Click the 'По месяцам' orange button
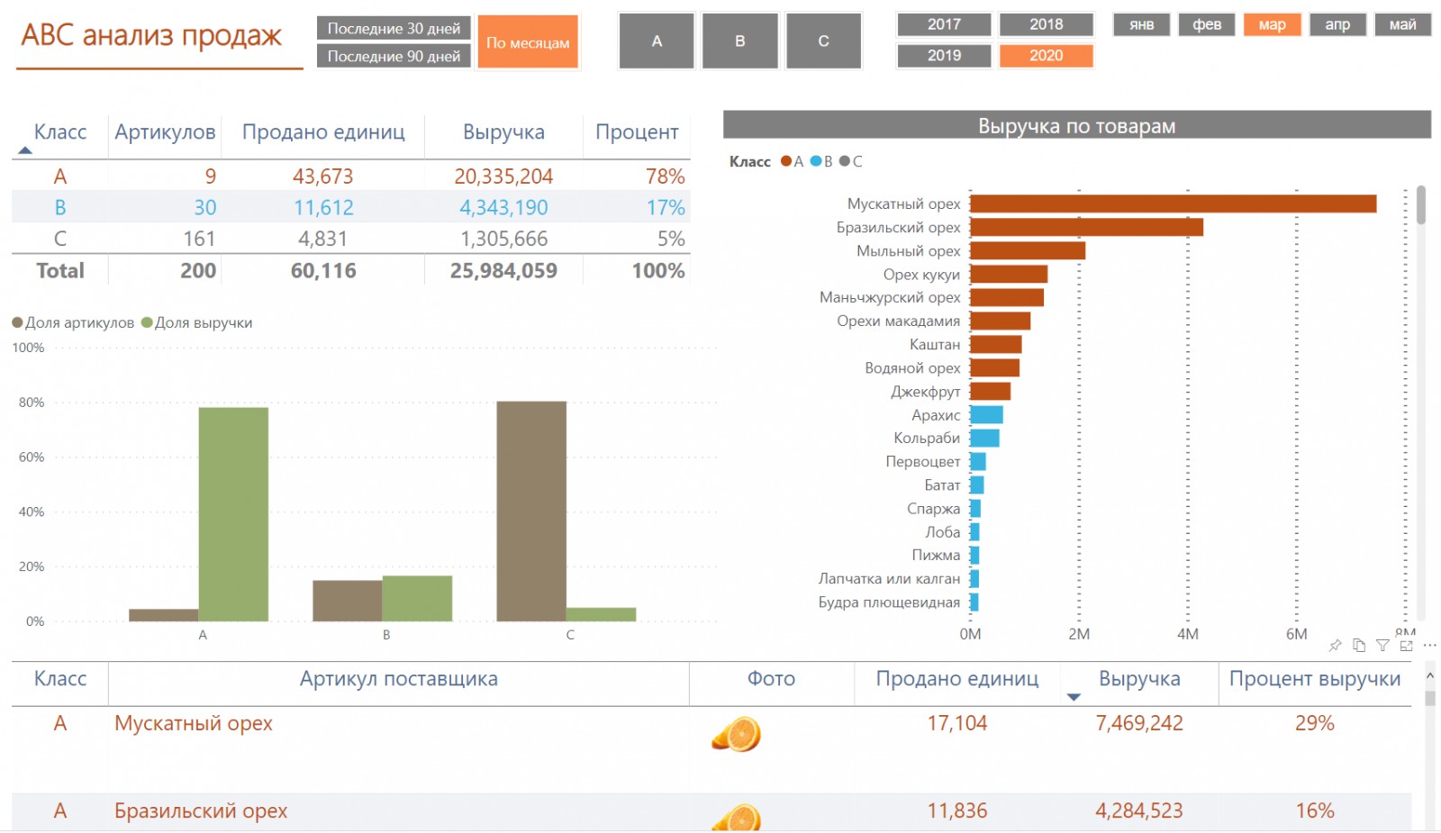528,42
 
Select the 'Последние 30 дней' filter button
394,28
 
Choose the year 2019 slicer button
944,56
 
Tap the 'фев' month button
1207,24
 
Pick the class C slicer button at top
823,41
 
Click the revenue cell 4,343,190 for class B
503,208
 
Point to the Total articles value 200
198,271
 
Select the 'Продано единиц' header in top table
323,132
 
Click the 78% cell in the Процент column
665,177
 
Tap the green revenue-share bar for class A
233,514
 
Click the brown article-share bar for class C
531,511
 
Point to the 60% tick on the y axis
32,457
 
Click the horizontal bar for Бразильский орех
1086,228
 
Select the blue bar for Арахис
986,415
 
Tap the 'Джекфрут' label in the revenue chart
925,392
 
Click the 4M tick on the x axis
1188,634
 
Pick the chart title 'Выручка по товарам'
1076,126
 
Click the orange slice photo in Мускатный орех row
737,734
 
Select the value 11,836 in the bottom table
956,811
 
